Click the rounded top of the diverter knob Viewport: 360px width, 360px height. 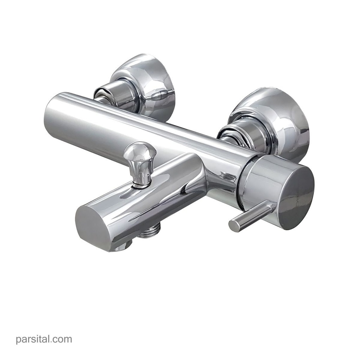[x=140, y=151]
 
